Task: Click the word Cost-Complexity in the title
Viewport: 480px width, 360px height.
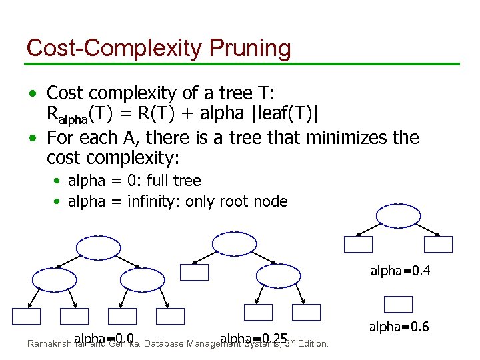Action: coord(114,48)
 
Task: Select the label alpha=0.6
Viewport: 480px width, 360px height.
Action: coord(399,327)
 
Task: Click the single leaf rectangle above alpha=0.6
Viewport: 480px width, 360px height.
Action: coord(399,304)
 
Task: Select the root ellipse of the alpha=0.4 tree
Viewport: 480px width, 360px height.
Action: coord(398,215)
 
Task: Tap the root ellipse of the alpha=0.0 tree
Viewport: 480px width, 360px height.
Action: coord(98,248)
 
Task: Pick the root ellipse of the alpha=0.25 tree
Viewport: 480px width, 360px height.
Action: coord(233,243)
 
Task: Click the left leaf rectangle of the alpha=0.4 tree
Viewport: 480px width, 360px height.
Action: coord(358,245)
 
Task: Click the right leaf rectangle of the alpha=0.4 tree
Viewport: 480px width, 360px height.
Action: coord(438,245)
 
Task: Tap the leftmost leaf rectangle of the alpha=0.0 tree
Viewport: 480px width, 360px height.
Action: coord(26,316)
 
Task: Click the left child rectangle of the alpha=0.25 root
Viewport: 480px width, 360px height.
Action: coord(194,272)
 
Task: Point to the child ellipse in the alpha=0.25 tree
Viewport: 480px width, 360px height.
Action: coord(279,275)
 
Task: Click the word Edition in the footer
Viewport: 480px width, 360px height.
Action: coord(313,344)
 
